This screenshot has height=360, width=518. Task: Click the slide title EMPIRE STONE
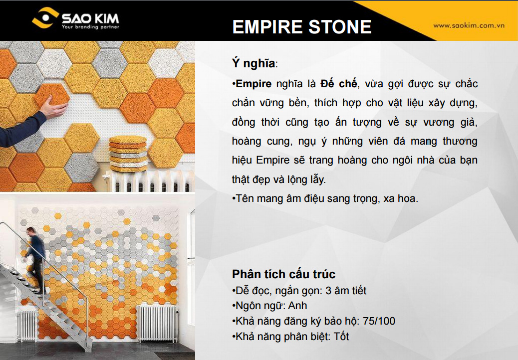click(302, 27)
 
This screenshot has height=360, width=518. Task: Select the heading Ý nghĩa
click(254, 63)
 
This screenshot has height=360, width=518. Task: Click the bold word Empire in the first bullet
click(254, 83)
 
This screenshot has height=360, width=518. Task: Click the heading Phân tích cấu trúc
click(283, 274)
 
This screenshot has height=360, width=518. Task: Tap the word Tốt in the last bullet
click(342, 337)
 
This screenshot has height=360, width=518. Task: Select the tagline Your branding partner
click(90, 27)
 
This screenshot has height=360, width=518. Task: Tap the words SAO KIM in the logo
click(90, 18)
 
